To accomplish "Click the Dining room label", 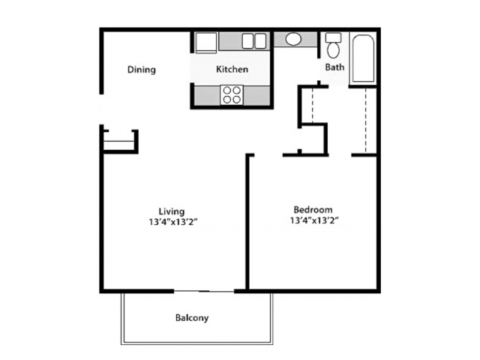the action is click(x=142, y=70).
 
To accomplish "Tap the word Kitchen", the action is click(x=232, y=69).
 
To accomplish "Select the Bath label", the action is click(x=334, y=67).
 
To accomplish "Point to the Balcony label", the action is click(x=192, y=318).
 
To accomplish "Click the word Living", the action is click(x=172, y=211).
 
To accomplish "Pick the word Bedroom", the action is click(x=313, y=210).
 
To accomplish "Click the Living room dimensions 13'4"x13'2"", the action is click(x=172, y=222).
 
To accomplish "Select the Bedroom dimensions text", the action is click(x=314, y=220).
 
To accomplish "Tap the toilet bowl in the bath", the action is click(x=333, y=50).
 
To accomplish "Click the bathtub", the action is click(x=363, y=58).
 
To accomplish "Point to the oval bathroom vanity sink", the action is click(x=293, y=39).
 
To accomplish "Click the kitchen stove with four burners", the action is click(x=232, y=95).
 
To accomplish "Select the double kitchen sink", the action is click(x=254, y=41).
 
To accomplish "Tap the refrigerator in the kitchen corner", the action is click(x=206, y=43).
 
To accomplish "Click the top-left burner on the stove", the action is click(x=227, y=90).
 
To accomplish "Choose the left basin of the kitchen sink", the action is click(x=247, y=41).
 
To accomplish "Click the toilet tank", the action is click(x=333, y=37).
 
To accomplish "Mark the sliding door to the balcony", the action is click(x=204, y=291).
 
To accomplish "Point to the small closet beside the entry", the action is click(x=119, y=142).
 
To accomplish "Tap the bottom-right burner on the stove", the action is click(x=236, y=100).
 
